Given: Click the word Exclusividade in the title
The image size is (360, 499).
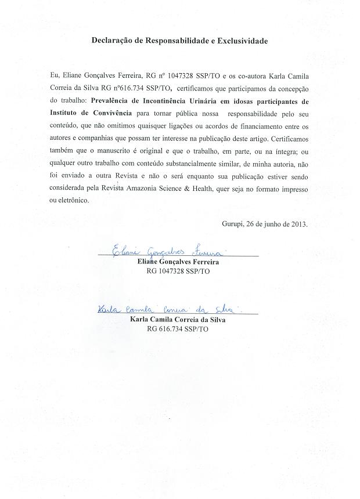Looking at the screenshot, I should pyautogui.click(x=242, y=41).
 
